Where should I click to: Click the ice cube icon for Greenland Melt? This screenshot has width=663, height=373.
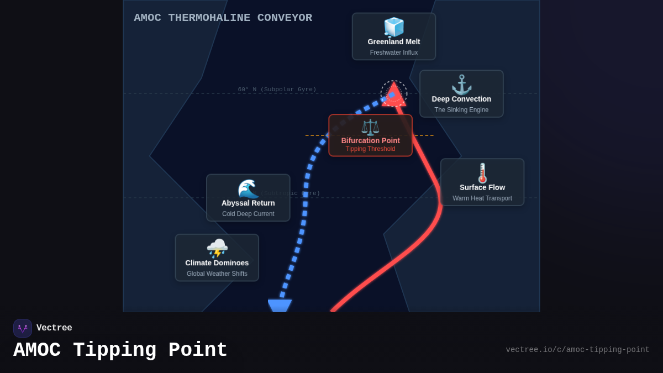point(394,27)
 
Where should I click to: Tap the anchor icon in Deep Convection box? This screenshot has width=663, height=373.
point(461,85)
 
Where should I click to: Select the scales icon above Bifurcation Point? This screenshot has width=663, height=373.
point(370,127)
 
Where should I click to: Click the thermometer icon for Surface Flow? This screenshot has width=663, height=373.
point(482,173)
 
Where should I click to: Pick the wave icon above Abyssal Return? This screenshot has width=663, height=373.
point(248,189)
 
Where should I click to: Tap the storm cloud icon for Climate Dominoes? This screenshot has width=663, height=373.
point(217,249)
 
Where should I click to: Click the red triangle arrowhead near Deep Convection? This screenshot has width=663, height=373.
point(394,96)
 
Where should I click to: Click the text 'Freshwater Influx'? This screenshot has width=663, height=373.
point(394,52)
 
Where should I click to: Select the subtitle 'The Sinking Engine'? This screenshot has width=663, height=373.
point(461,110)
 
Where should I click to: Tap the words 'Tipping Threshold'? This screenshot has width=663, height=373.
point(370,149)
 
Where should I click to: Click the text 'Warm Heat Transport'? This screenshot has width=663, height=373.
point(482,198)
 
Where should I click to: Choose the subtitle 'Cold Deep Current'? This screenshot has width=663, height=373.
point(248,214)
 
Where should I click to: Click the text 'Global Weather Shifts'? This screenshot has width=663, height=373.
point(217,274)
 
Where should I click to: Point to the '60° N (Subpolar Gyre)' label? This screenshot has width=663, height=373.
point(277,90)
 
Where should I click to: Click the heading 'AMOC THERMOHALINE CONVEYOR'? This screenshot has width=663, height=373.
point(223,18)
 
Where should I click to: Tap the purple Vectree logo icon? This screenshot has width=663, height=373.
point(23,328)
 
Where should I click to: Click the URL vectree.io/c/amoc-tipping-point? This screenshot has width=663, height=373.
point(577,350)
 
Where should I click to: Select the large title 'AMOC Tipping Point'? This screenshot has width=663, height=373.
point(120,350)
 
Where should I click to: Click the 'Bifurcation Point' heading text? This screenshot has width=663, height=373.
point(370,140)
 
